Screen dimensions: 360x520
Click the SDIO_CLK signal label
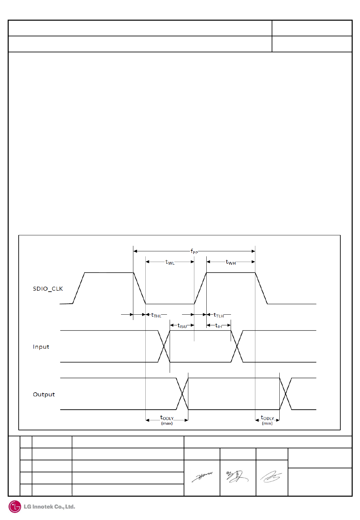click(48, 289)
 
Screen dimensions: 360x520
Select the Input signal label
click(41, 347)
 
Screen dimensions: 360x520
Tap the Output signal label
click(44, 394)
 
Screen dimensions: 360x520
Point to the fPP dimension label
click(194, 251)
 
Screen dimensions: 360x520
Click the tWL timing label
click(170, 262)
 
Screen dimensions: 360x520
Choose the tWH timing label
click(231, 262)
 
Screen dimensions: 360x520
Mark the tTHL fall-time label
click(156, 315)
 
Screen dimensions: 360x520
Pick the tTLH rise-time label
click(219, 315)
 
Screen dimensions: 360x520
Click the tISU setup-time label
click(182, 326)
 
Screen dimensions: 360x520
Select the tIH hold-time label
click(219, 326)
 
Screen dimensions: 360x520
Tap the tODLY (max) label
click(167, 418)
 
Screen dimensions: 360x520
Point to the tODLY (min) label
click(267, 418)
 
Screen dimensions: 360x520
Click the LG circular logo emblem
click(15, 507)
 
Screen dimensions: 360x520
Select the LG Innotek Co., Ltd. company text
click(49, 507)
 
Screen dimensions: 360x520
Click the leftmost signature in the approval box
click(202, 477)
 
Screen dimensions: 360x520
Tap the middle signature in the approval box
click(237, 477)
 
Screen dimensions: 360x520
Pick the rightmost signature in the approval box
click(271, 477)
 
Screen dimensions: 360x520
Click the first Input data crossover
click(164, 346)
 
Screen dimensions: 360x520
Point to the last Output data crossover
click(286, 394)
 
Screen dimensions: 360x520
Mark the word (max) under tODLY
click(167, 423)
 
